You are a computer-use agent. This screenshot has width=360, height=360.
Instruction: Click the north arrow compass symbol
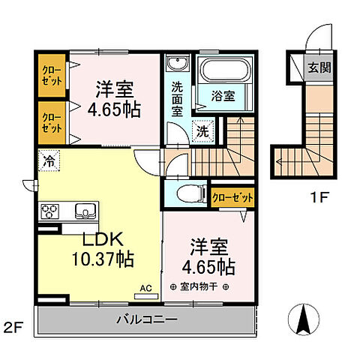pos(304,320)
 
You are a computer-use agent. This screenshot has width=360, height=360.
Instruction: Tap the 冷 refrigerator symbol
pos(48,160)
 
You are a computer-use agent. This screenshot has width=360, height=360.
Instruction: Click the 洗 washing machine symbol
pos(200,129)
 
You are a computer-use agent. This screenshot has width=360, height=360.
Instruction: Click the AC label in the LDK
pos(147,287)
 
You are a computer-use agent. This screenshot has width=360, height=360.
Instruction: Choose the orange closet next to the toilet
pos(232,198)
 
